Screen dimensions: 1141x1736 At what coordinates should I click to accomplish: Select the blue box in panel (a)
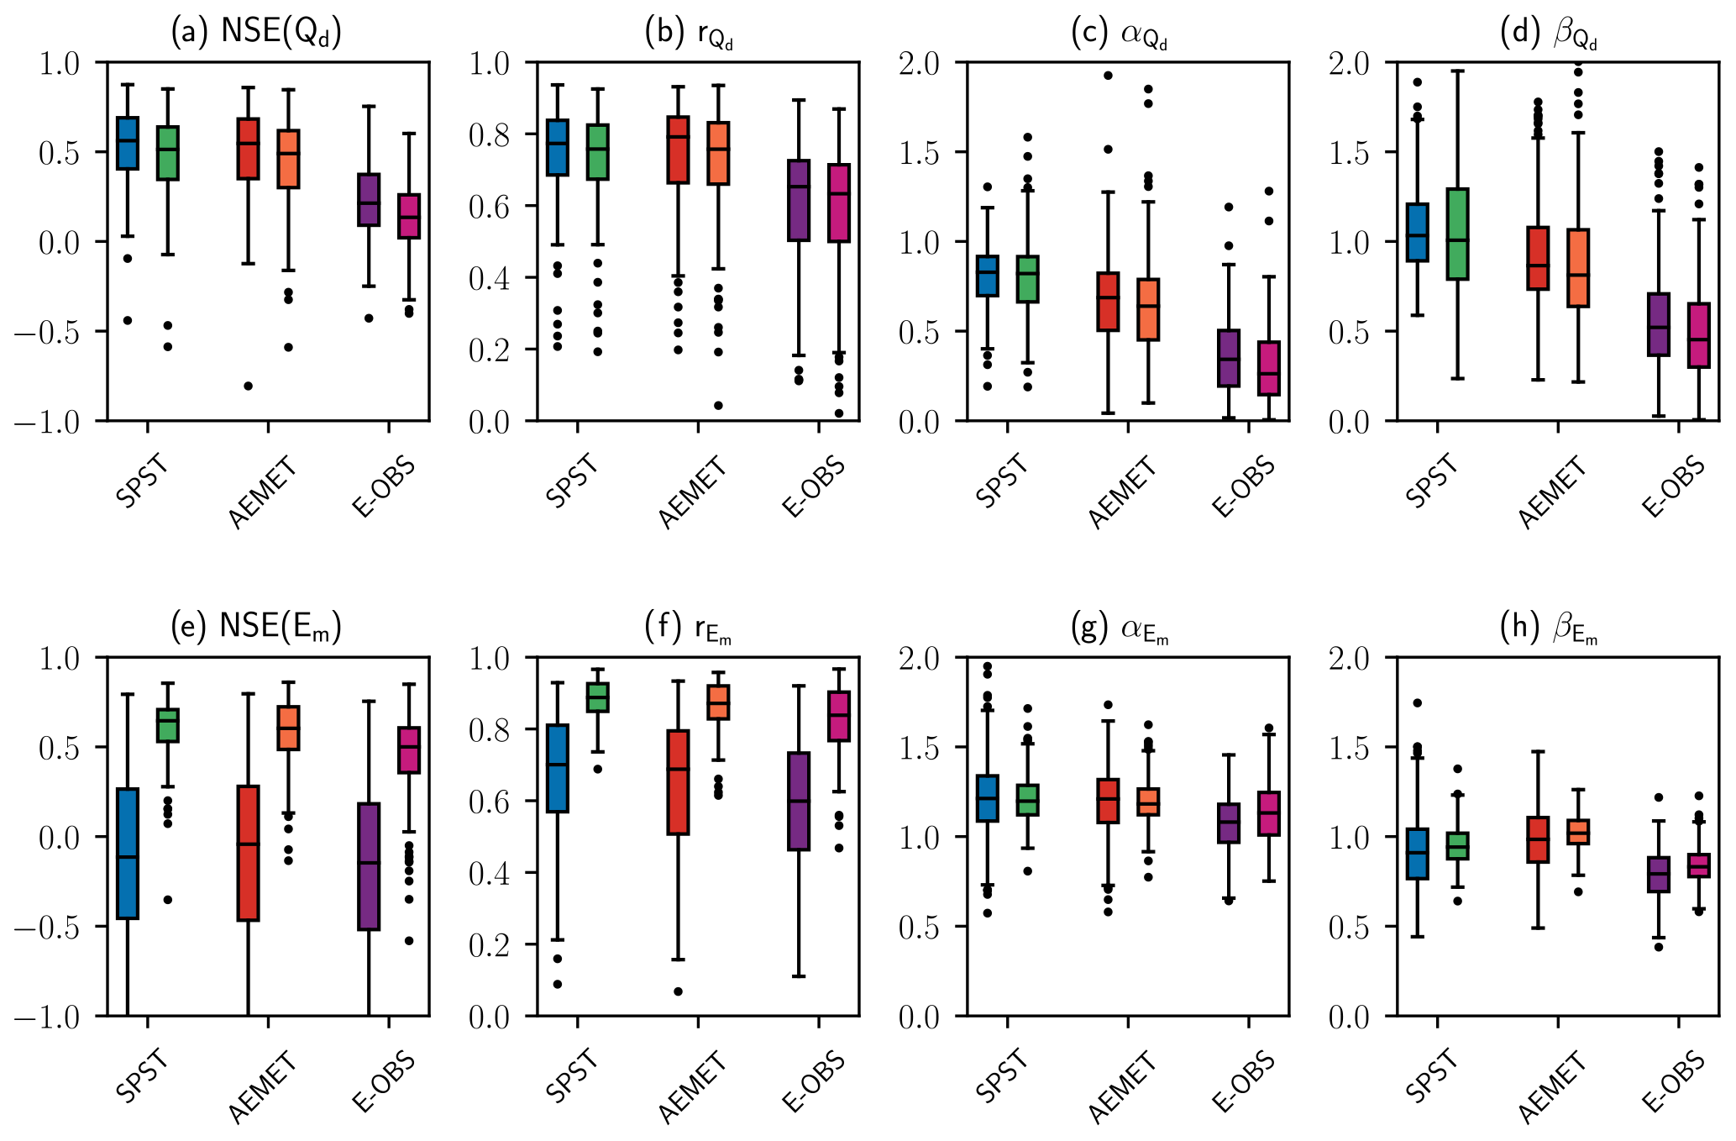[x=128, y=144]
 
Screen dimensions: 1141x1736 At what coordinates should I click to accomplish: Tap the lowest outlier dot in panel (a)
[x=249, y=386]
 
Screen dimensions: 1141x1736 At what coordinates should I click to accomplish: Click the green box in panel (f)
[x=597, y=697]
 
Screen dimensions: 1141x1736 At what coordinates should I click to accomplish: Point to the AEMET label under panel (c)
[x=1122, y=492]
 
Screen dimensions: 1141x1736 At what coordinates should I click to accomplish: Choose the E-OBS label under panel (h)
[x=1673, y=1084]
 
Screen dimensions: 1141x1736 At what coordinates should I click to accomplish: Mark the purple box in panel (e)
[x=369, y=866]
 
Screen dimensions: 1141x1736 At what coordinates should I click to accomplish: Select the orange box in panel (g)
[x=1148, y=802]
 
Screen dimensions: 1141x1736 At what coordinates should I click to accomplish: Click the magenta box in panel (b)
[x=839, y=203]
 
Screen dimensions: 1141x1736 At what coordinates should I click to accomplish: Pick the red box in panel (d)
[x=1538, y=258]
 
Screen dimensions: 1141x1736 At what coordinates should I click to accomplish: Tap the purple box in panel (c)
[x=1229, y=358]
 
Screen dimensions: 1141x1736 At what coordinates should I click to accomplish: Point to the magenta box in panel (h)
[x=1699, y=865]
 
